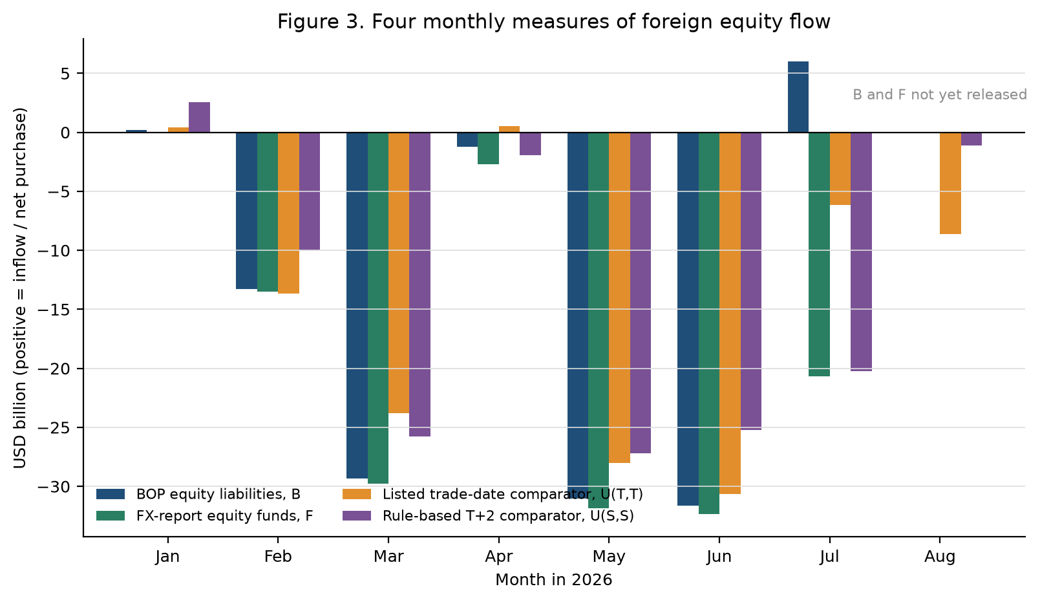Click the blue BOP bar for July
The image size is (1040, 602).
click(798, 97)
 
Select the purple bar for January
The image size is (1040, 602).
click(199, 118)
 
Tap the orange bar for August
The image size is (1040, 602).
click(950, 183)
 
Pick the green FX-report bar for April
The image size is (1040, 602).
click(489, 148)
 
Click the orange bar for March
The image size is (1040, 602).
click(399, 273)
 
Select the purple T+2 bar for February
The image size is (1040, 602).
click(310, 191)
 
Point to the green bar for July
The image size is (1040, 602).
click(819, 254)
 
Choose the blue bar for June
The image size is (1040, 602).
click(688, 319)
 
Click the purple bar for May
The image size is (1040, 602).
click(641, 293)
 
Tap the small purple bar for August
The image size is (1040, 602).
click(971, 139)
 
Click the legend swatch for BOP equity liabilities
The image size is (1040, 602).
click(111, 494)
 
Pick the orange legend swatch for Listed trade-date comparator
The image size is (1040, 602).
click(357, 494)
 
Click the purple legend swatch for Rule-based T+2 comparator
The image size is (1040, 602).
click(357, 515)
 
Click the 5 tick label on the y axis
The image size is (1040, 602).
click(65, 74)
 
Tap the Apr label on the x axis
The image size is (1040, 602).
click(498, 557)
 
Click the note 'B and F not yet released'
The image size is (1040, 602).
click(940, 95)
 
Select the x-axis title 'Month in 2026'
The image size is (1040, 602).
click(554, 580)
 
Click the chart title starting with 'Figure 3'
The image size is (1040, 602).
click(554, 22)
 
